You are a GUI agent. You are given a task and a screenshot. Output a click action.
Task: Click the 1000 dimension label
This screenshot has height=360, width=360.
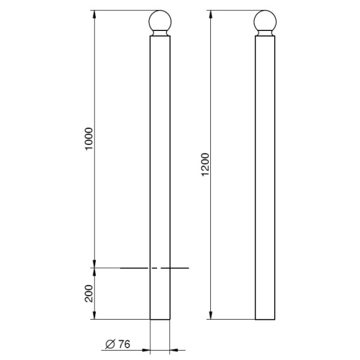pos(89,139)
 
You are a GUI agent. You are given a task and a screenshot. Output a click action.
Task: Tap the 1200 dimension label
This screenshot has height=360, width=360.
pos(205,165)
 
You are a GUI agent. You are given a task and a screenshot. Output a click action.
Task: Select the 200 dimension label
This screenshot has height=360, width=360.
pos(89,293)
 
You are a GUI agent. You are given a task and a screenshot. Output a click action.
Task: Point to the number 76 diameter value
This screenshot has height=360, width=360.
pos(125,344)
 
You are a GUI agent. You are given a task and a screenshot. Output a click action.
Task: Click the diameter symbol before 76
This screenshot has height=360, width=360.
pos(110,344)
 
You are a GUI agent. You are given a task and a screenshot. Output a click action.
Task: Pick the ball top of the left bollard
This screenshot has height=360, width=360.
pos(160,21)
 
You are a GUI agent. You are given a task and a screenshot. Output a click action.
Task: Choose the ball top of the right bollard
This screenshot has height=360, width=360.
pos(265,21)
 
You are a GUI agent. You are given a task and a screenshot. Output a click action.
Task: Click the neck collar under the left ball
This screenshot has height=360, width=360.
pos(160,34)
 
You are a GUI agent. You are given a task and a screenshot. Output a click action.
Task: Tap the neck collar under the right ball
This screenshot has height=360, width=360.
pos(265,34)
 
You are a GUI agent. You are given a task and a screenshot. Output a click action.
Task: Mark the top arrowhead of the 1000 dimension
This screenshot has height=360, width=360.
pos(94,15)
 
